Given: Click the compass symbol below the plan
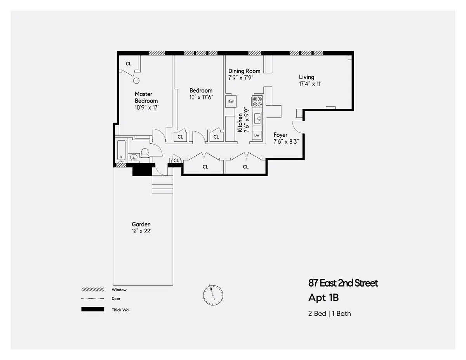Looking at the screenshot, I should coord(213,294).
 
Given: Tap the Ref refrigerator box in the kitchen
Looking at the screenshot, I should coord(231,102).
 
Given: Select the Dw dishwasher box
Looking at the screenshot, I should coord(257,135).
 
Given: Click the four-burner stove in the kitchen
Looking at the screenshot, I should coord(257,101).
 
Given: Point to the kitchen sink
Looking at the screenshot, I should coord(257,118).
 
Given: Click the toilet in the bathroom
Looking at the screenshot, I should coord(145,153).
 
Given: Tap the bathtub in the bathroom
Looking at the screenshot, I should coord(121,151).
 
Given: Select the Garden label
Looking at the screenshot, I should coord(141,224).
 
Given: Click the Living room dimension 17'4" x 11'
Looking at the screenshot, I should coord(310,84).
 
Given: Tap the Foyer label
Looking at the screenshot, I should coord(280,135).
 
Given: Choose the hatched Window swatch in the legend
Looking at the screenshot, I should coord(92,290).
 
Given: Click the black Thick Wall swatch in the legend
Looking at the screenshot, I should coord(92,310).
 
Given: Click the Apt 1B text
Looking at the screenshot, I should coord(323,298).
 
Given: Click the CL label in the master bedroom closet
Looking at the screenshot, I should coord(129,64).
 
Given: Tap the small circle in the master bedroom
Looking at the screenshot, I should coord(136,81).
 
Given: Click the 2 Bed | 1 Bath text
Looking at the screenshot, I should coord(329,313).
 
